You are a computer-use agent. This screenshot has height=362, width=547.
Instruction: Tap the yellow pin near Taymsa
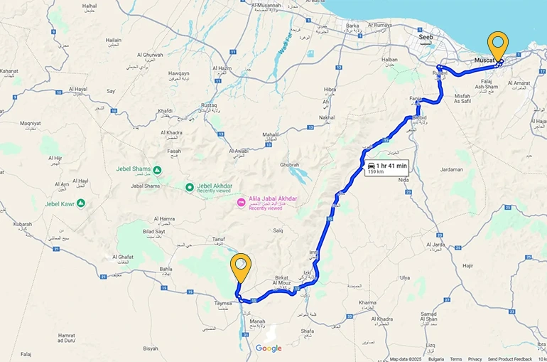tap(242, 266)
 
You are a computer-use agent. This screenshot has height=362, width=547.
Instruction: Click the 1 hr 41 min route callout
tap(386, 168)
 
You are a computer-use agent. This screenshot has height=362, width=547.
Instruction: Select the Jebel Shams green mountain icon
tap(157, 169)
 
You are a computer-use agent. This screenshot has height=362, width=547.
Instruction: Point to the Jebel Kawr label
tap(60, 204)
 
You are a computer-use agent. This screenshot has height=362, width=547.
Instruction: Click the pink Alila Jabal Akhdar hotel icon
tap(241, 203)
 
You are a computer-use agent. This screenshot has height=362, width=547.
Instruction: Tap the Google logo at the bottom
tap(269, 348)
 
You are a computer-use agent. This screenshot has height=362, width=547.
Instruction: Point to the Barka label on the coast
tap(352, 26)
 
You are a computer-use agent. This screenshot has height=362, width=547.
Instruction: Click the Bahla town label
tap(166, 270)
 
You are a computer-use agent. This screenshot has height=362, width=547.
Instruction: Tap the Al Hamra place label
tap(163, 219)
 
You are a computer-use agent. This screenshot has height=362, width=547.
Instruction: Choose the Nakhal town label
tap(327, 117)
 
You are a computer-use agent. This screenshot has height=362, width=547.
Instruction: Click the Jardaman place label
tap(451, 169)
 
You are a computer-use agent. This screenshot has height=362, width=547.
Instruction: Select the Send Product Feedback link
tap(509, 358)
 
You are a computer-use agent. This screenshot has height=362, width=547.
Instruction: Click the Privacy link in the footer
tap(475, 358)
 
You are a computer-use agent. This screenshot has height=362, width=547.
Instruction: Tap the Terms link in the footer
tap(455, 358)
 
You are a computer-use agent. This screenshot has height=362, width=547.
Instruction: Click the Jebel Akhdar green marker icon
tap(190, 188)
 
